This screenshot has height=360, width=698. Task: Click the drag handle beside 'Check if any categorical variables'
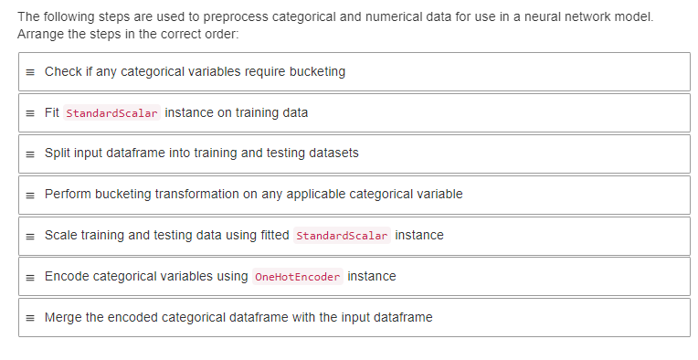[x=30, y=72]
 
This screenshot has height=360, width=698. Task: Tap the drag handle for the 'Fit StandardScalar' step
[x=30, y=113]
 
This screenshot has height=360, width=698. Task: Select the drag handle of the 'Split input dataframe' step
[x=30, y=154]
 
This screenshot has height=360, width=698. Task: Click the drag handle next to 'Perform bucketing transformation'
[x=30, y=195]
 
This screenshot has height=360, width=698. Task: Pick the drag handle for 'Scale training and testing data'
[x=30, y=236]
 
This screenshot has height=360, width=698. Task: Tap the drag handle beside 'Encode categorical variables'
[x=30, y=277]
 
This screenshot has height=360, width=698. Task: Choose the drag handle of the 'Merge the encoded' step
[x=30, y=318]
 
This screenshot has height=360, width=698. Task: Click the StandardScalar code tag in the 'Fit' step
[x=113, y=113]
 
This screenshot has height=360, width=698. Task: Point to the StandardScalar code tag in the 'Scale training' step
[x=343, y=236]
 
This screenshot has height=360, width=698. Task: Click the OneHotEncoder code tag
[x=297, y=277]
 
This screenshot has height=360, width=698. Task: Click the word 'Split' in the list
[x=57, y=154]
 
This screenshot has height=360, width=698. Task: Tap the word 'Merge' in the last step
[x=63, y=318]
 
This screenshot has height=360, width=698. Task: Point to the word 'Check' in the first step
[x=62, y=72]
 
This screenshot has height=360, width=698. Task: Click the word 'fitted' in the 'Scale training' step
[x=275, y=236]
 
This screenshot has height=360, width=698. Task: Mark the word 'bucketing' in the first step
[x=316, y=72]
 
